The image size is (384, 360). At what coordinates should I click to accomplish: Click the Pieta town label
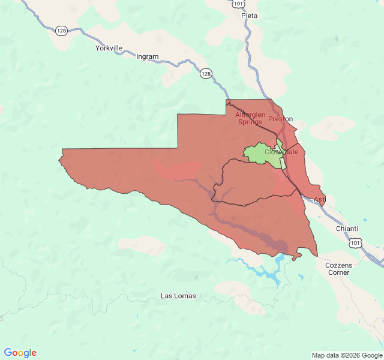pyautogui.click(x=249, y=16)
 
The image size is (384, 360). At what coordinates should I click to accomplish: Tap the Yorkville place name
pyautogui.click(x=109, y=48)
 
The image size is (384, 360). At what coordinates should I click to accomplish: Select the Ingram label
pyautogui.click(x=148, y=57)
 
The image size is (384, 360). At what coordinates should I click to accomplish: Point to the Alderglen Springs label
pyautogui.click(x=250, y=118)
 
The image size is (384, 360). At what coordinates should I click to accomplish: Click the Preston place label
pyautogui.click(x=280, y=119)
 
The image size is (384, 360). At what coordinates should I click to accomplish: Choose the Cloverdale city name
pyautogui.click(x=281, y=152)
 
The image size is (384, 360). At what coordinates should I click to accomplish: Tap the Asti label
pyautogui.click(x=320, y=199)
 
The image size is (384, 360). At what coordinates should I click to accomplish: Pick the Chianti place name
pyautogui.click(x=347, y=229)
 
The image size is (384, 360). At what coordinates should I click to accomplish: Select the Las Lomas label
pyautogui.click(x=178, y=296)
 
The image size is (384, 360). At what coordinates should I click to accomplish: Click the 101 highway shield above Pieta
pyautogui.click(x=238, y=4)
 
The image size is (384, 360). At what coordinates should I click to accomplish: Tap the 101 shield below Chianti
pyautogui.click(x=356, y=241)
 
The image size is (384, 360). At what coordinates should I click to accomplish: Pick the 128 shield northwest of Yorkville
pyautogui.click(x=61, y=30)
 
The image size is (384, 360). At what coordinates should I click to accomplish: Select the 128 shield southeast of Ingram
pyautogui.click(x=206, y=73)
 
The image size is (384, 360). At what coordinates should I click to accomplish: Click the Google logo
pyautogui.click(x=20, y=353)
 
